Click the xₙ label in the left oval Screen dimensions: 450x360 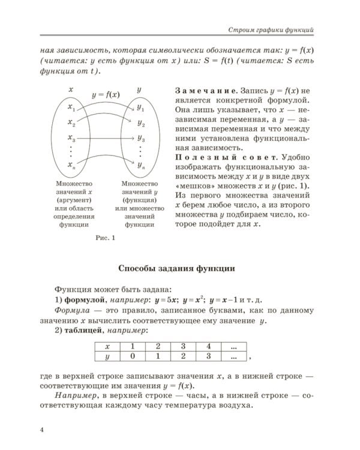pos(71,164)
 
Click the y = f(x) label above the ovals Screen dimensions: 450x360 pos(105,94)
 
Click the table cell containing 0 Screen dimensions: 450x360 pos(133,356)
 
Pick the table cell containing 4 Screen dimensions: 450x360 pos(208,346)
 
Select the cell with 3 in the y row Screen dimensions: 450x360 pos(208,356)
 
